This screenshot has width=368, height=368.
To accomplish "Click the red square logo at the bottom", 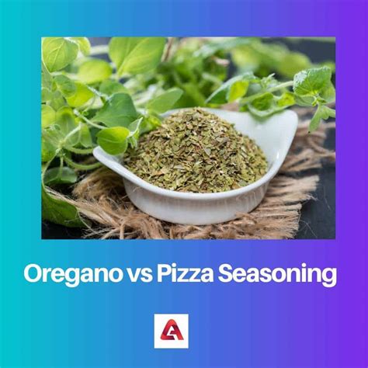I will click(x=171, y=331).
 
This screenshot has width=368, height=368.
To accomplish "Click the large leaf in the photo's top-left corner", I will click(x=60, y=52).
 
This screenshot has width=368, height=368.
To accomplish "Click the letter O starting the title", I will click(x=33, y=274).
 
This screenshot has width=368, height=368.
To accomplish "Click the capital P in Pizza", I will click(x=165, y=274).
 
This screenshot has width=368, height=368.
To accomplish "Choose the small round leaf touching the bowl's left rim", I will click(x=113, y=140).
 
